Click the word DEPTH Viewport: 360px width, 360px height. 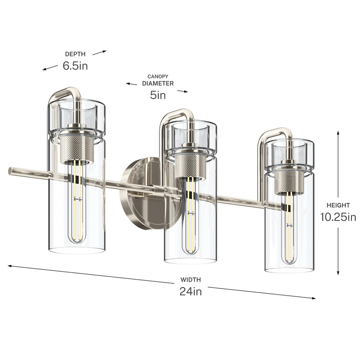click(75, 54)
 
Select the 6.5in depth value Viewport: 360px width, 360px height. click(75, 66)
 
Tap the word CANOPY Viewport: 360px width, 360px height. click(158, 76)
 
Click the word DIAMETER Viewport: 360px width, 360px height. click(158, 84)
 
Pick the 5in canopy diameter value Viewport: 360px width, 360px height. click(158, 95)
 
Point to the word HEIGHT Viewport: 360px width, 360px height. click(338, 205)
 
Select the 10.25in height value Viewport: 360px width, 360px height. click(338, 217)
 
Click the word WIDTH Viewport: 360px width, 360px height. click(190, 280)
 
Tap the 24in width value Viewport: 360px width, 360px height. click(190, 291)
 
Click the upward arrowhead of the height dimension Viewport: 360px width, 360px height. click(338, 133)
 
